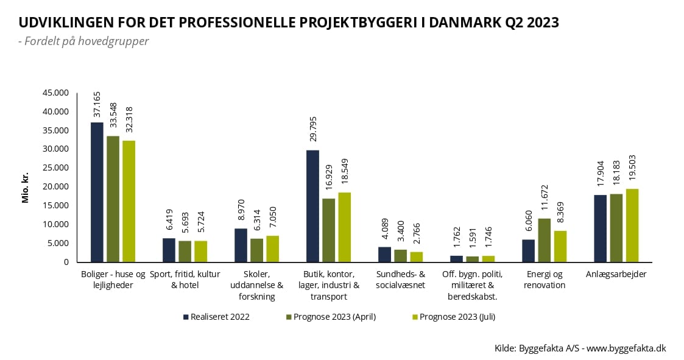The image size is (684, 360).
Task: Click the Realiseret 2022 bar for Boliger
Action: pyautogui.click(x=97, y=192)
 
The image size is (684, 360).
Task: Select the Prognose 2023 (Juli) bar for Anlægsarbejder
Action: pyautogui.click(x=632, y=225)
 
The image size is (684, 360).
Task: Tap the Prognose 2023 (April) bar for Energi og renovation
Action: pyautogui.click(x=545, y=240)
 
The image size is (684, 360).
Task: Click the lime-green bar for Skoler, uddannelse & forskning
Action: pyautogui.click(x=272, y=249)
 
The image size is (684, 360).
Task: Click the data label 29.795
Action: pyautogui.click(x=312, y=132)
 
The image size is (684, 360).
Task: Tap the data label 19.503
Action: pyautogui.click(x=632, y=171)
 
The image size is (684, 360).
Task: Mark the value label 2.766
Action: pyautogui.click(x=416, y=235)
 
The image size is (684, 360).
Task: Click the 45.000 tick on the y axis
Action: pyautogui.click(x=55, y=93)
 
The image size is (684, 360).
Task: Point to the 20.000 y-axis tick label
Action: pyautogui.click(x=55, y=187)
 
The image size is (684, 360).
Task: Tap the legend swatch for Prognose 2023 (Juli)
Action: pyautogui.click(x=415, y=317)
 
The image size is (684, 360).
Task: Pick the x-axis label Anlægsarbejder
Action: pyautogui.click(x=616, y=274)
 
